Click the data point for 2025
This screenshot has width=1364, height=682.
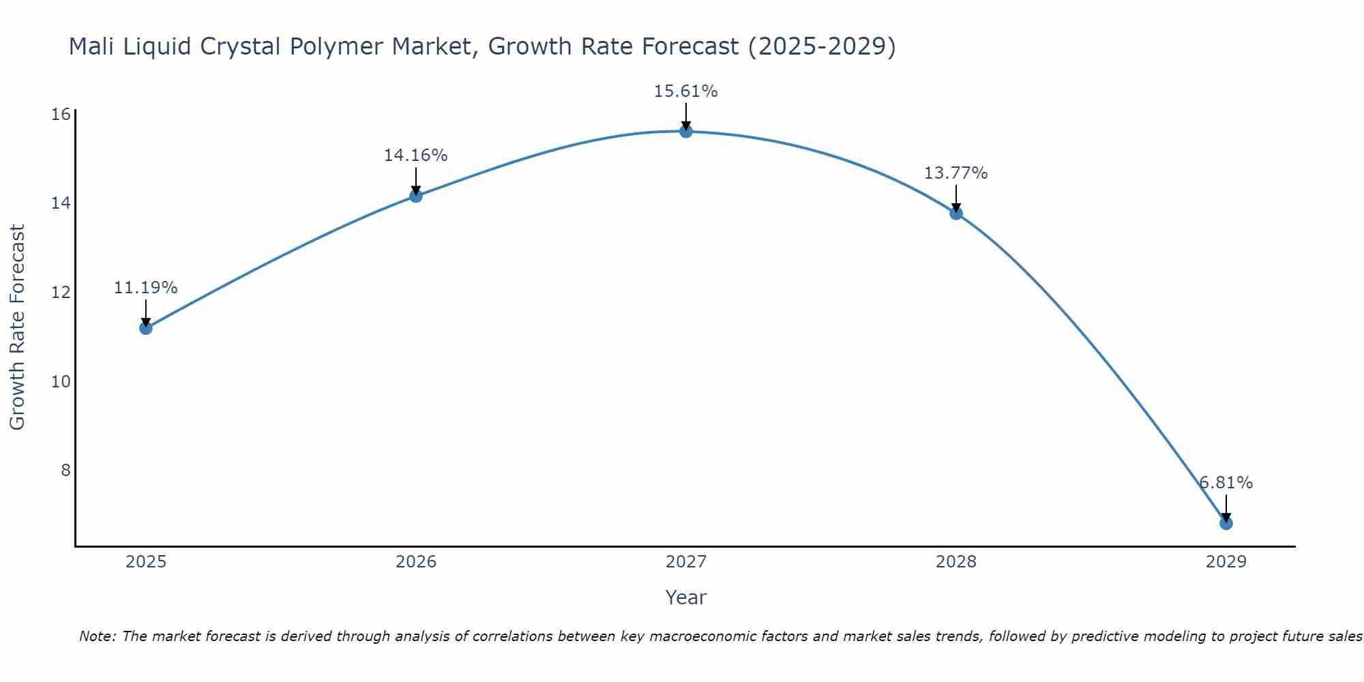[145, 328]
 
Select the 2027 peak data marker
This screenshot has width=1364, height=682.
[685, 131]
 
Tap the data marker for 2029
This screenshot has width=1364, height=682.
[1226, 523]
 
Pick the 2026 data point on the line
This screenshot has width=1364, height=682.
[415, 196]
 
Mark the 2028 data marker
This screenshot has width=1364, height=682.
[955, 213]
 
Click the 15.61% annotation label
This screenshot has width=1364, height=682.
[685, 91]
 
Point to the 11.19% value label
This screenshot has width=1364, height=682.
[145, 288]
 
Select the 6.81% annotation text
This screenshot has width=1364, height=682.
[1226, 483]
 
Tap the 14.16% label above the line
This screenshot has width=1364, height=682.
[415, 155]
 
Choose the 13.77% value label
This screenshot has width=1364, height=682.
[955, 173]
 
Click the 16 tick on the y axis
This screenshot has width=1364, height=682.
[61, 114]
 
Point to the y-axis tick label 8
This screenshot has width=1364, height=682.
[65, 470]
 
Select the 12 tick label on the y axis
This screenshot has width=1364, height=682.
[61, 292]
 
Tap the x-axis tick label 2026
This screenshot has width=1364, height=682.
[415, 562]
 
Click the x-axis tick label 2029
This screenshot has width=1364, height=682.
[1226, 562]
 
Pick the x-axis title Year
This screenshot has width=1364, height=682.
[685, 597]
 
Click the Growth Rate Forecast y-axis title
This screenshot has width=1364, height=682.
[17, 327]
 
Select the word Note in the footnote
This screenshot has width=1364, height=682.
[98, 636]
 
